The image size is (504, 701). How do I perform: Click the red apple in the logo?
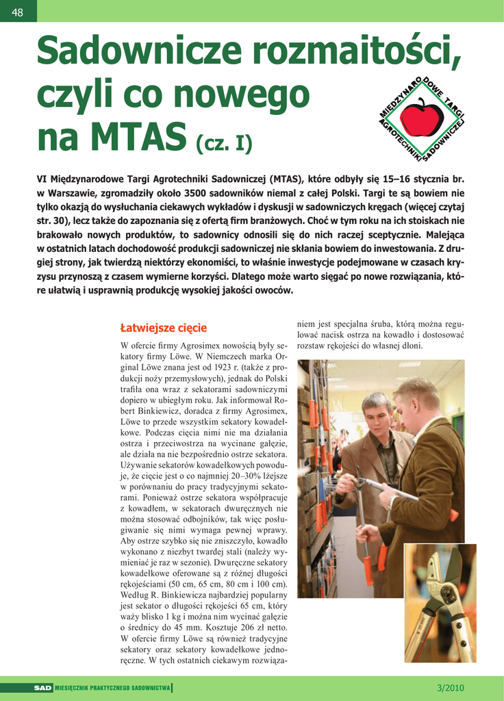pos(422,117)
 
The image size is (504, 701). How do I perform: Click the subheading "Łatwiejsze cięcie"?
pos(163,328)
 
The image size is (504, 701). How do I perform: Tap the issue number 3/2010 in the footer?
pos(450,687)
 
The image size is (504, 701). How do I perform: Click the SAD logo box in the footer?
pos(43,687)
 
